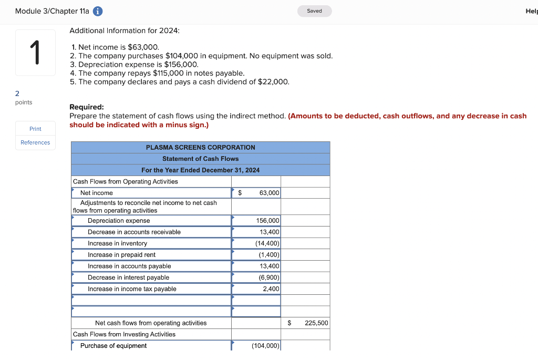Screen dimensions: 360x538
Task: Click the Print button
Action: (x=35, y=129)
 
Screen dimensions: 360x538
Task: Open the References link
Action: (x=35, y=142)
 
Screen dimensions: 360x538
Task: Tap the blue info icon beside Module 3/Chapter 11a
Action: (x=98, y=11)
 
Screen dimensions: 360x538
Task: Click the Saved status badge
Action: (x=314, y=11)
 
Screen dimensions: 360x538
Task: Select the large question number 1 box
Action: (x=35, y=53)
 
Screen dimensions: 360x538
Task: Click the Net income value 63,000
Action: (x=269, y=193)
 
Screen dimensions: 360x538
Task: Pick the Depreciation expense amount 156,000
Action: (x=267, y=221)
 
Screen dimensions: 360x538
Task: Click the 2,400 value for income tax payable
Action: (x=271, y=289)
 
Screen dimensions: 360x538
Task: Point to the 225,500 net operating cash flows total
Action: (x=316, y=323)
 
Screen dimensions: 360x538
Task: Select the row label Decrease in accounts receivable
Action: (x=134, y=232)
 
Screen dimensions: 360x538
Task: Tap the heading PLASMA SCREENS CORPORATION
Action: (x=200, y=148)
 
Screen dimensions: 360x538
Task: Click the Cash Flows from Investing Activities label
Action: (x=124, y=335)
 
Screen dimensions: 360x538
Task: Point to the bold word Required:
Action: (x=87, y=107)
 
